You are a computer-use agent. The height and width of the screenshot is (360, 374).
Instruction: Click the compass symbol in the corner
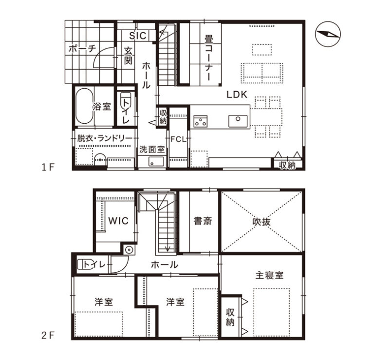[x=328, y=34]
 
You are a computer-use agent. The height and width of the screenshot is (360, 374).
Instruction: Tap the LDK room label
[x=237, y=95]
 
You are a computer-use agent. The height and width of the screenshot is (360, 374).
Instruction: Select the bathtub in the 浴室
[x=84, y=106]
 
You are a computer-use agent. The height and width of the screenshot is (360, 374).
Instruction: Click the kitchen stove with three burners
[x=200, y=121]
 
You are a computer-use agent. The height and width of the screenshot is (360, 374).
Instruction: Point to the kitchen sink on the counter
[x=238, y=121]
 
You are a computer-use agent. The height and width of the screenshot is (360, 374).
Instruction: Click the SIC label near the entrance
[x=138, y=36]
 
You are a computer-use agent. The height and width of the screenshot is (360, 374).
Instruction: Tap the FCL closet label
[x=178, y=139]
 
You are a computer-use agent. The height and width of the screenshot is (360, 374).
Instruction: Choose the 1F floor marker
[x=48, y=168]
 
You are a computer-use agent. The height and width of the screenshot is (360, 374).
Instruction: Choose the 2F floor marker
[x=48, y=336]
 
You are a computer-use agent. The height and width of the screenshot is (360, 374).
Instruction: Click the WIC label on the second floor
[x=118, y=221]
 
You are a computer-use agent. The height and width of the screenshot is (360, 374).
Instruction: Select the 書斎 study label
[x=203, y=221]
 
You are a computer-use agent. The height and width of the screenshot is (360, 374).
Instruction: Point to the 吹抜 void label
[x=262, y=222]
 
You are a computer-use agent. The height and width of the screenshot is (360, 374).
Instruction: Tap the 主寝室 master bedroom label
[x=269, y=276]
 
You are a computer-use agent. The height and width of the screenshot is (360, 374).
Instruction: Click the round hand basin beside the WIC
[x=129, y=250]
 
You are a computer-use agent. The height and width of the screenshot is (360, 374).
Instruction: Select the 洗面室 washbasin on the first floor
[x=156, y=162]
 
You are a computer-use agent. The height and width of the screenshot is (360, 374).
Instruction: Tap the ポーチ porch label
[x=82, y=49]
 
